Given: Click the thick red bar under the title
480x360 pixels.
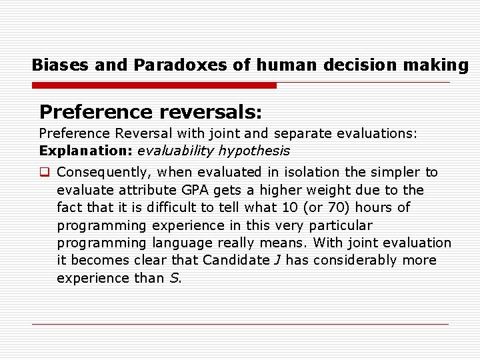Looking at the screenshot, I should click(154, 85).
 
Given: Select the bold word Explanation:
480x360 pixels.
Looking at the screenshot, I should click(86, 151).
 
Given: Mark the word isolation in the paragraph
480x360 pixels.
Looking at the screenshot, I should click(292, 172).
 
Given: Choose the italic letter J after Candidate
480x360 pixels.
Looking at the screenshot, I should click(277, 260).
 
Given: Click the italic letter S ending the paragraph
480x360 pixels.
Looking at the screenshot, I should click(173, 278).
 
